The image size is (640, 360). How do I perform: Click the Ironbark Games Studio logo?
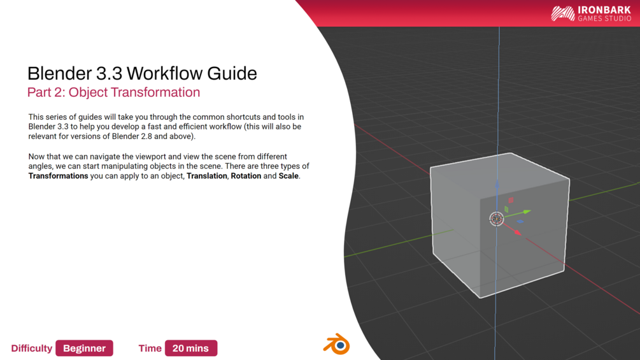(x=591, y=13)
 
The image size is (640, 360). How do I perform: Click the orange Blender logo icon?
(x=336, y=344)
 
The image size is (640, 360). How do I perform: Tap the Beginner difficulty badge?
(x=84, y=348)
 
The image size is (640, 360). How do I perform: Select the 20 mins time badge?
(x=190, y=348)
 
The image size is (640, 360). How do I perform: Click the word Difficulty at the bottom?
(x=31, y=348)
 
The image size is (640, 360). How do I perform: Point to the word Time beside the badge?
(x=150, y=348)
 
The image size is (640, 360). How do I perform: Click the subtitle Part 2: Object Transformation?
(x=113, y=92)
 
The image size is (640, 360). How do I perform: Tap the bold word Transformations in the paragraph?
(x=58, y=176)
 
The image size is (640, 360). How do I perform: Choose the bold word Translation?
(x=206, y=176)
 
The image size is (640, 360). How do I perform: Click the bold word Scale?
(x=288, y=176)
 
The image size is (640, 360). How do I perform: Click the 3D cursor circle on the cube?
(x=496, y=219)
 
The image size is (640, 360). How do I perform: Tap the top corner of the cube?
(x=510, y=153)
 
